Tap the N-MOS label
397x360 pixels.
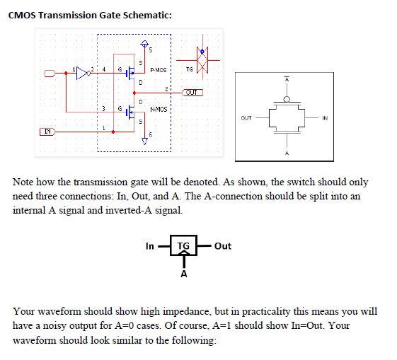click(x=159, y=108)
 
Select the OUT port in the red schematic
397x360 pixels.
click(x=193, y=92)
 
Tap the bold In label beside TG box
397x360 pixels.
click(x=149, y=246)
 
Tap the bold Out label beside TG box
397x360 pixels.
click(x=222, y=246)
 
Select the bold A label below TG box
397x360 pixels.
click(x=183, y=275)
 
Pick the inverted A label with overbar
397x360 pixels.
click(x=287, y=81)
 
